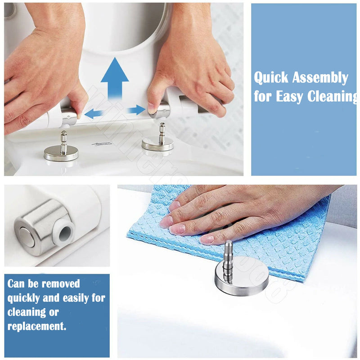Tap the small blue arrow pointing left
click(x=94, y=113)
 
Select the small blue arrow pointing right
click(x=136, y=110)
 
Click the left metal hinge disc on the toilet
click(x=61, y=153)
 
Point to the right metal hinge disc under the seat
click(x=157, y=144)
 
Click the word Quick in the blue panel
click(x=271, y=78)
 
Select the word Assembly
click(x=319, y=78)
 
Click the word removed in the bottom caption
click(x=61, y=284)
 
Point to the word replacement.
click(x=37, y=326)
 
